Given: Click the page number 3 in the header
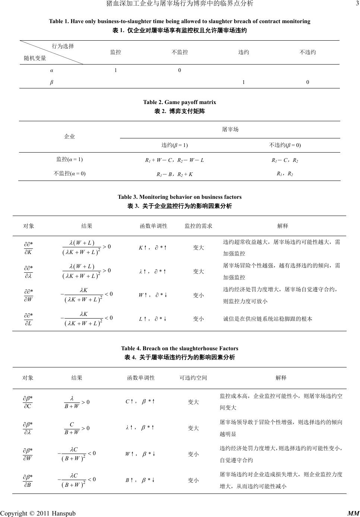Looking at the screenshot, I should (x=357, y=3).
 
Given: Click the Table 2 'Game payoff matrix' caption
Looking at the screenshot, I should (x=179, y=102).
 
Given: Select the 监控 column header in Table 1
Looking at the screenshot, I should (x=116, y=52).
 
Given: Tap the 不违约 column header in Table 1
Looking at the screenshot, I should (x=307, y=52).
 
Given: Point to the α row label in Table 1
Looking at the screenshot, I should (x=51, y=70).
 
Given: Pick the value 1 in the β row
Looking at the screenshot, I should (x=243, y=82).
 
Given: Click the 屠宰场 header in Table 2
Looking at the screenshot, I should (x=230, y=129).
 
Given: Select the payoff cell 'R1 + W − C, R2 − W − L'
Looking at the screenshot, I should (x=174, y=160).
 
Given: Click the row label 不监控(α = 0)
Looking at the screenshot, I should (x=69, y=173).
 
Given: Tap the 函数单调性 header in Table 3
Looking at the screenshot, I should (x=154, y=226).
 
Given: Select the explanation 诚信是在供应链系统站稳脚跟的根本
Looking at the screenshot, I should (x=268, y=319).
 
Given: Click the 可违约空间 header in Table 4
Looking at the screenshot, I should (x=193, y=377).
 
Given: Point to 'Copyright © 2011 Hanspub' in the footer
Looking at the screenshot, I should (x=38, y=513).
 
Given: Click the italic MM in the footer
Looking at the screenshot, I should (x=353, y=513).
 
